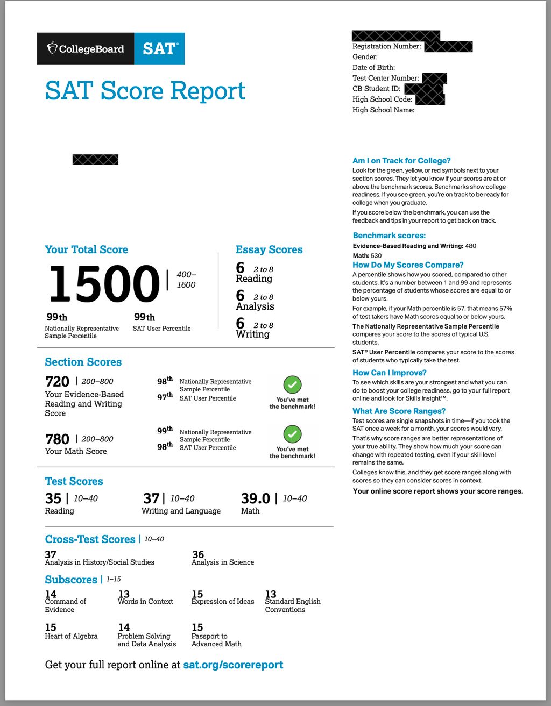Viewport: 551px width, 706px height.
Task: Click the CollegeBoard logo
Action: pos(86,49)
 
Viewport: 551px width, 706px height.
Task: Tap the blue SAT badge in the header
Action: pos(159,49)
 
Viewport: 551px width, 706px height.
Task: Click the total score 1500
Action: pos(104,283)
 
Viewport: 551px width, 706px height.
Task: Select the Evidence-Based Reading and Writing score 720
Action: pos(58,382)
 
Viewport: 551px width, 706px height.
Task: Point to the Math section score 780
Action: pos(58,439)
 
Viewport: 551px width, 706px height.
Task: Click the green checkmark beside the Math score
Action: pos(292,434)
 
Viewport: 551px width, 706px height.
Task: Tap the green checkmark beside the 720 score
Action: pos(292,384)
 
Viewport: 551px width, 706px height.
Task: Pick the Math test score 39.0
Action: pos(256,498)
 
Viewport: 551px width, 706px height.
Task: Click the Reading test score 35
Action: pos(53,498)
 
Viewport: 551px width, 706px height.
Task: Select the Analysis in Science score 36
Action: pos(198,554)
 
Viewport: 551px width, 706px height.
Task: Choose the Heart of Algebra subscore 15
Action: pos(51,627)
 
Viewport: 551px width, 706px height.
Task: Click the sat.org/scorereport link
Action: pos(233,665)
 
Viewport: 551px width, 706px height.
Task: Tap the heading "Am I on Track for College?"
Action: pos(401,161)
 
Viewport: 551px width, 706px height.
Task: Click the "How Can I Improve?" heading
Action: pos(390,373)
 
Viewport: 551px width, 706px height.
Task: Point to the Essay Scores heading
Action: pos(269,249)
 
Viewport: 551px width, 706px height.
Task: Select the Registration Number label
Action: pos(386,46)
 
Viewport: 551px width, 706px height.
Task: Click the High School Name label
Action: pos(383,110)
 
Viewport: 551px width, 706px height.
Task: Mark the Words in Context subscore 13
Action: pos(124,594)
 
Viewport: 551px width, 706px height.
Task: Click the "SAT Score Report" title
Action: pos(145,90)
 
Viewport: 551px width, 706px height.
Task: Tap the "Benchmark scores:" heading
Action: pos(389,236)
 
